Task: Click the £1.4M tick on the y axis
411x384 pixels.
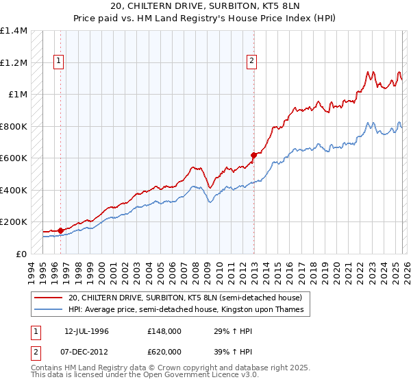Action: point(14,31)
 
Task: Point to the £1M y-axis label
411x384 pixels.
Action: point(18,95)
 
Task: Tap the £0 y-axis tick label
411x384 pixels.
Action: point(22,254)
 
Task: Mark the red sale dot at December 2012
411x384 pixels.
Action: point(253,155)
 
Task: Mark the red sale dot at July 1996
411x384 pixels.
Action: point(60,230)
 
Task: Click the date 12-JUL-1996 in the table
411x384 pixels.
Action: point(87,331)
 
